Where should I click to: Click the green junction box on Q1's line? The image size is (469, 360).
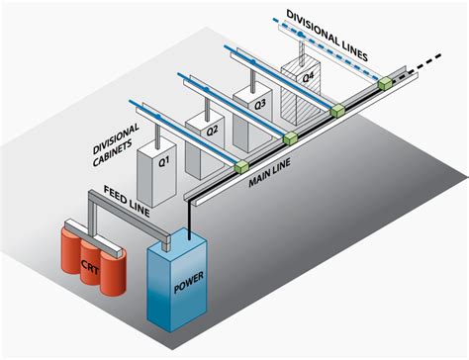[239, 168]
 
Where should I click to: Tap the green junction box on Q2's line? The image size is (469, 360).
[290, 137]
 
